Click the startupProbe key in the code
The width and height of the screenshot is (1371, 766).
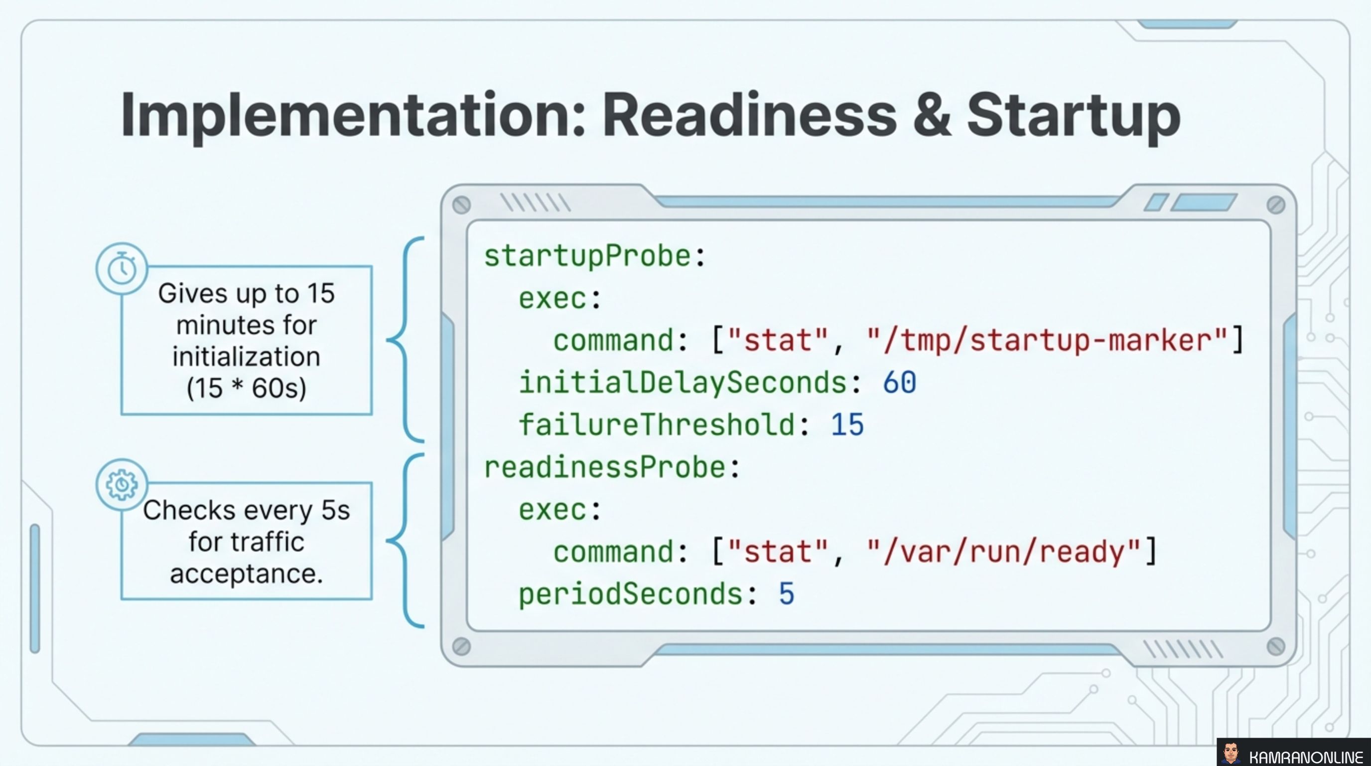point(587,256)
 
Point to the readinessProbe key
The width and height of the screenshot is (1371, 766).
point(605,468)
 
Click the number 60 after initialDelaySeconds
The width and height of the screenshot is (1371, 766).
point(899,383)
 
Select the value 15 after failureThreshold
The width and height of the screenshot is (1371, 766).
point(847,425)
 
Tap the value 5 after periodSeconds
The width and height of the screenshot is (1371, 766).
point(787,594)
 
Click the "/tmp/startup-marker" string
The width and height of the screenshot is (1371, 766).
point(1047,341)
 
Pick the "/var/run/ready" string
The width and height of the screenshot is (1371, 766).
point(1003,552)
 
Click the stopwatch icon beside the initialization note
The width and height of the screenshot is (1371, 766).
point(122,268)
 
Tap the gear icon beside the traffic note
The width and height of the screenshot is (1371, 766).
point(122,484)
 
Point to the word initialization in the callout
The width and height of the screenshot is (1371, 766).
point(246,357)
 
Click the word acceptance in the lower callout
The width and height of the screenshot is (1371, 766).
point(246,574)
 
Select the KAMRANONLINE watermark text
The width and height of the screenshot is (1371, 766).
point(1306,757)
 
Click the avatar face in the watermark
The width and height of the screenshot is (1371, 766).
point(1231,753)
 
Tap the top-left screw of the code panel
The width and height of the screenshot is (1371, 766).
point(461,205)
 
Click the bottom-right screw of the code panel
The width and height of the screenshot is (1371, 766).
point(1275,647)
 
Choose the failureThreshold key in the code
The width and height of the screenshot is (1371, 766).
point(657,425)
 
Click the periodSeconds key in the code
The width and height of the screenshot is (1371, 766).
point(630,594)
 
